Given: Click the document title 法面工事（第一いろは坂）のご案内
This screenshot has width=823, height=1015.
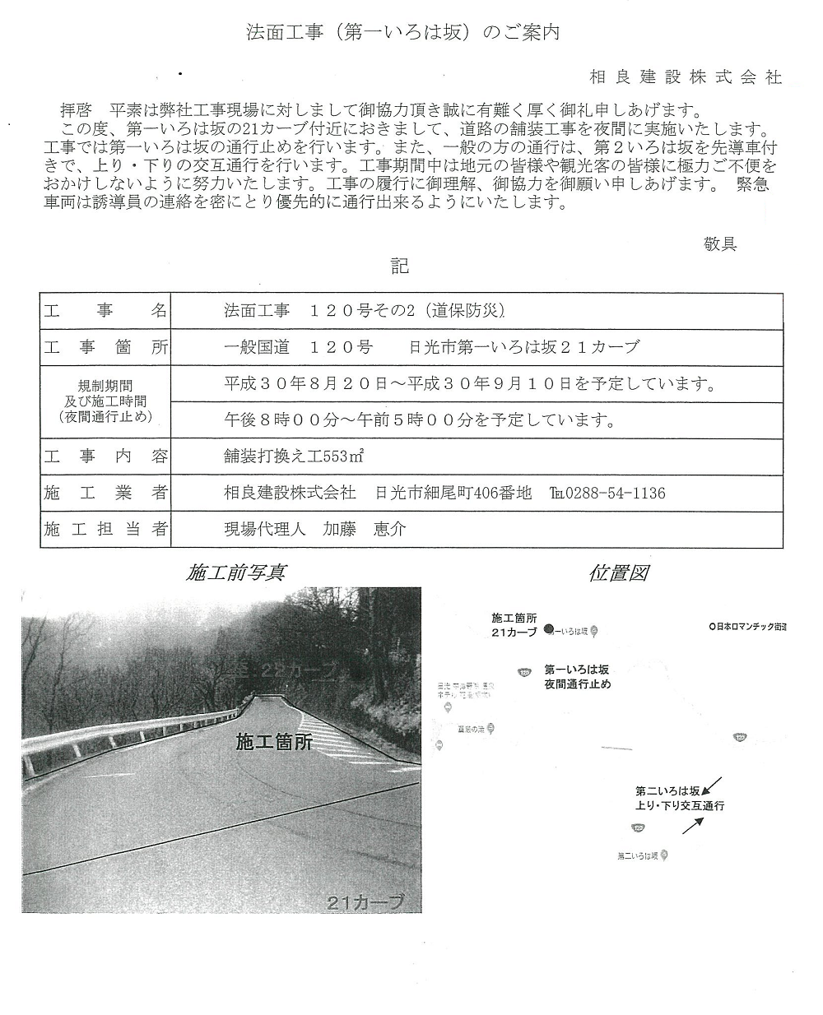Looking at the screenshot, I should click(403, 33).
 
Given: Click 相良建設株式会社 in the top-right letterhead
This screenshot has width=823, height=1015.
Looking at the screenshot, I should click(686, 77).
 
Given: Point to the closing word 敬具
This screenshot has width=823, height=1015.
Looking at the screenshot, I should click(719, 243).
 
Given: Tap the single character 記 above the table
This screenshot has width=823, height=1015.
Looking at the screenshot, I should click(400, 266).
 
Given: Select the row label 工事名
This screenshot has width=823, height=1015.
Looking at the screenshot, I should click(105, 311).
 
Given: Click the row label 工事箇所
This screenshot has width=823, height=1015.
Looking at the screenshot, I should click(105, 347).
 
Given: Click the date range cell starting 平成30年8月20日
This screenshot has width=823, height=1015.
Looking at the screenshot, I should click(469, 384).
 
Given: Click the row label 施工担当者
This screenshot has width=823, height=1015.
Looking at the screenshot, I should click(105, 530).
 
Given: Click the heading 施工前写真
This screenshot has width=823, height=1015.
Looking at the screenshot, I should click(237, 573).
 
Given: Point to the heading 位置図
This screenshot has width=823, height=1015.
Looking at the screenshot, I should click(618, 573).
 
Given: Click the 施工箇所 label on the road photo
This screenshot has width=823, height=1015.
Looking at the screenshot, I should click(273, 742).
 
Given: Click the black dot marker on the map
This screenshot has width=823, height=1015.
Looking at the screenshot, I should click(549, 631).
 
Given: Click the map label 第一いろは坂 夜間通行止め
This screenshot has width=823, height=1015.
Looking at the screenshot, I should click(577, 676).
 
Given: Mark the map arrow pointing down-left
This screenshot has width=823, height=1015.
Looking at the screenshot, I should click(713, 783).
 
